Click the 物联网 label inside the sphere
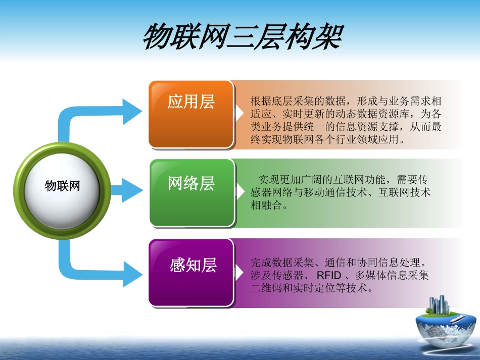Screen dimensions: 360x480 click(63, 185)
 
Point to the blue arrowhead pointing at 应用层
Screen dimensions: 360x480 click(132, 112)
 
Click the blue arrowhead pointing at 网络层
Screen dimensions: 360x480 click(132, 189)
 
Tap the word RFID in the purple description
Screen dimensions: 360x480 click(329, 276)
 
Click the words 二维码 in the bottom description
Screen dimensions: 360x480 click(264, 289)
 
